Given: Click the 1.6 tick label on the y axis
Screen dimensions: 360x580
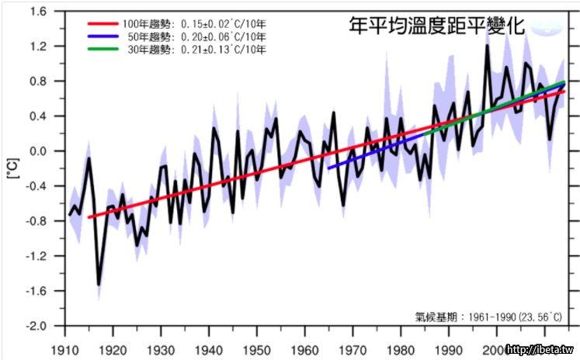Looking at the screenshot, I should coord(36,12).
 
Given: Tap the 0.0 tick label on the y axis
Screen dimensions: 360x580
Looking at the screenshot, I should coord(36,151).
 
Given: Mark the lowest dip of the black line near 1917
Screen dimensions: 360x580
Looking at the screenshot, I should coord(99,284).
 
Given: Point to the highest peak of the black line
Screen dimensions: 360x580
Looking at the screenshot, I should coord(487,47).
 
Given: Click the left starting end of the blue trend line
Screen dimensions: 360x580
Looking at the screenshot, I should coord(329,168).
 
